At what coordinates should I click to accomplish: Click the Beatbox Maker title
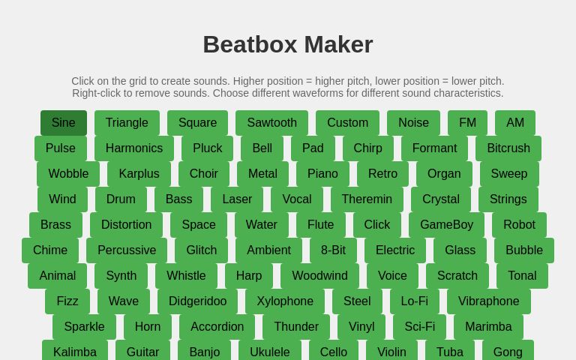(288, 45)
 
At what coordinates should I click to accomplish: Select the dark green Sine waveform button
(64, 123)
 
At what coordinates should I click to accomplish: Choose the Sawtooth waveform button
(271, 123)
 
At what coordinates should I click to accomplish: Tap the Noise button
(413, 123)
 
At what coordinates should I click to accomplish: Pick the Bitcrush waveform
(508, 148)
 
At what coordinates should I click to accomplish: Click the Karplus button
(139, 174)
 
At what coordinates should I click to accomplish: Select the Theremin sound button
(367, 199)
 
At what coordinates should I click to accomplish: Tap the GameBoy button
(446, 225)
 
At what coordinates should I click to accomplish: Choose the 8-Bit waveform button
(333, 250)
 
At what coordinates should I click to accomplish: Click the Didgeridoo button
(197, 301)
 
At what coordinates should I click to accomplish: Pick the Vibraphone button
(488, 301)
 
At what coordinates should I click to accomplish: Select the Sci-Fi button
(419, 327)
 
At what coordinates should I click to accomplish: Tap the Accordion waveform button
(217, 327)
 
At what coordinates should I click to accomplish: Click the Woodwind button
(319, 276)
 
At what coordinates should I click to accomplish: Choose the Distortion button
(126, 225)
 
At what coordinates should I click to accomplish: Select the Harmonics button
(133, 148)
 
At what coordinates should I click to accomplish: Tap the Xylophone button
(285, 301)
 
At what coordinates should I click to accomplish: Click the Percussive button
(127, 250)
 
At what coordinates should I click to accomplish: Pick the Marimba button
(488, 327)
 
